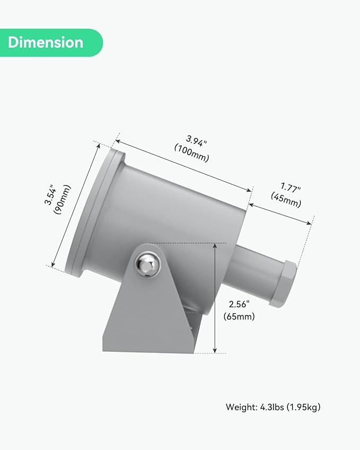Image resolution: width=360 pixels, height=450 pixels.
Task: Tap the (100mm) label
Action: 191,153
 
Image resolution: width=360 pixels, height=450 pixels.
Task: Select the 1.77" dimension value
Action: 291,189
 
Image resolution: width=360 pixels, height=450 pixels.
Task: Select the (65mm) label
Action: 239,316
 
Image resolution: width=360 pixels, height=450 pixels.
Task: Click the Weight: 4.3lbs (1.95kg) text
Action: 273,407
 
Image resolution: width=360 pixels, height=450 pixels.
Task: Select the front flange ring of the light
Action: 93,212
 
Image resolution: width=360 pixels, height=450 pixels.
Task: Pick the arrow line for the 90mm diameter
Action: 75,204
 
